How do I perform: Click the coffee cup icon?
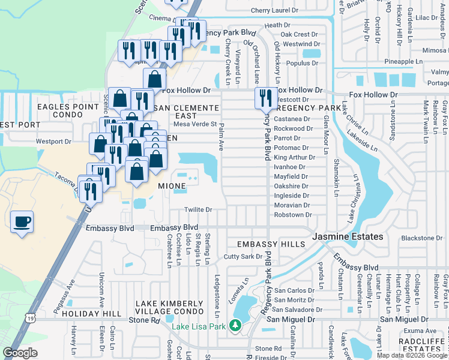[22, 223]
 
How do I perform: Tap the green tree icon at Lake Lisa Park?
[236, 326]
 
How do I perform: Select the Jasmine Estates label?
[347, 237]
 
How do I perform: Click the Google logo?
[20, 352]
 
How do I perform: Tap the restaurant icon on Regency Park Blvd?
[265, 97]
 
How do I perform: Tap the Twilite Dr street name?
[199, 209]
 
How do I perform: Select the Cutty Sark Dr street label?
[243, 256]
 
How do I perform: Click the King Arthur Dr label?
[294, 157]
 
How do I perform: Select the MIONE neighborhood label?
[172, 186]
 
